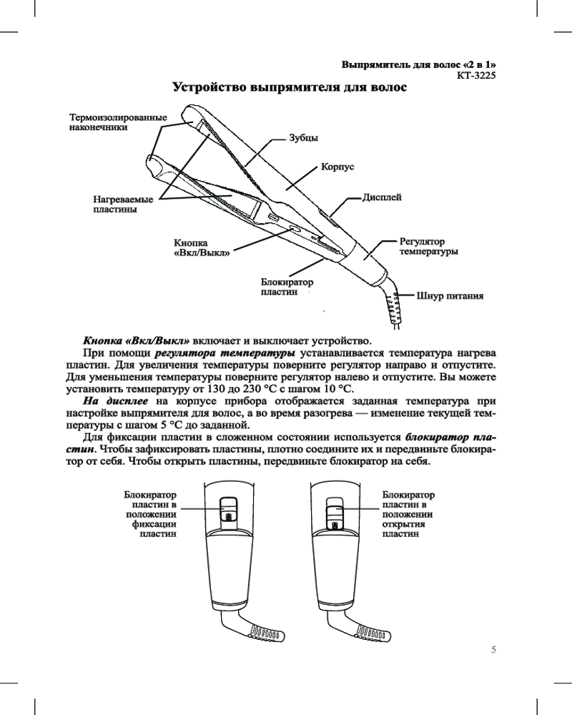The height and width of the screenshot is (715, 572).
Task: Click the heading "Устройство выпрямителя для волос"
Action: click(x=290, y=89)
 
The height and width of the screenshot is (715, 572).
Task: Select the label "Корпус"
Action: click(x=338, y=167)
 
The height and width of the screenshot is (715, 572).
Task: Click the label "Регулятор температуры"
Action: click(x=428, y=247)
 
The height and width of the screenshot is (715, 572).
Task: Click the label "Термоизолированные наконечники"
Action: click(x=117, y=122)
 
